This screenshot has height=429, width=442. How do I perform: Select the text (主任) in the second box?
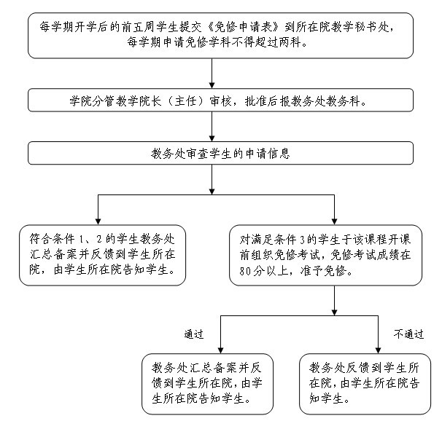click(185, 101)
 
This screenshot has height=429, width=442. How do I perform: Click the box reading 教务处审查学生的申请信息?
click(220, 153)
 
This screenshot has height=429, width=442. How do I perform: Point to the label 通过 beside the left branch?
click(194, 334)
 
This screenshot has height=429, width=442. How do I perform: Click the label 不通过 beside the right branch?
click(408, 334)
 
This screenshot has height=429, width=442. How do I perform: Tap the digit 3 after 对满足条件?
click(303, 240)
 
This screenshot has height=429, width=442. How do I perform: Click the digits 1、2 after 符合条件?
click(90, 240)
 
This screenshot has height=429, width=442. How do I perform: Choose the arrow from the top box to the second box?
click(212, 74)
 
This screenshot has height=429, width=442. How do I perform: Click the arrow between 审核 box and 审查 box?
click(212, 127)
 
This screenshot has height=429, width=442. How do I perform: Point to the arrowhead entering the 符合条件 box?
click(98, 221)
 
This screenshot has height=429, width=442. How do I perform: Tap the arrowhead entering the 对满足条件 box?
click(334, 221)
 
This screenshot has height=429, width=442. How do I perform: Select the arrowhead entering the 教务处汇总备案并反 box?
click(221, 350)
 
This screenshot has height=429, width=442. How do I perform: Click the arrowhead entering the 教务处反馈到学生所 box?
click(378, 350)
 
